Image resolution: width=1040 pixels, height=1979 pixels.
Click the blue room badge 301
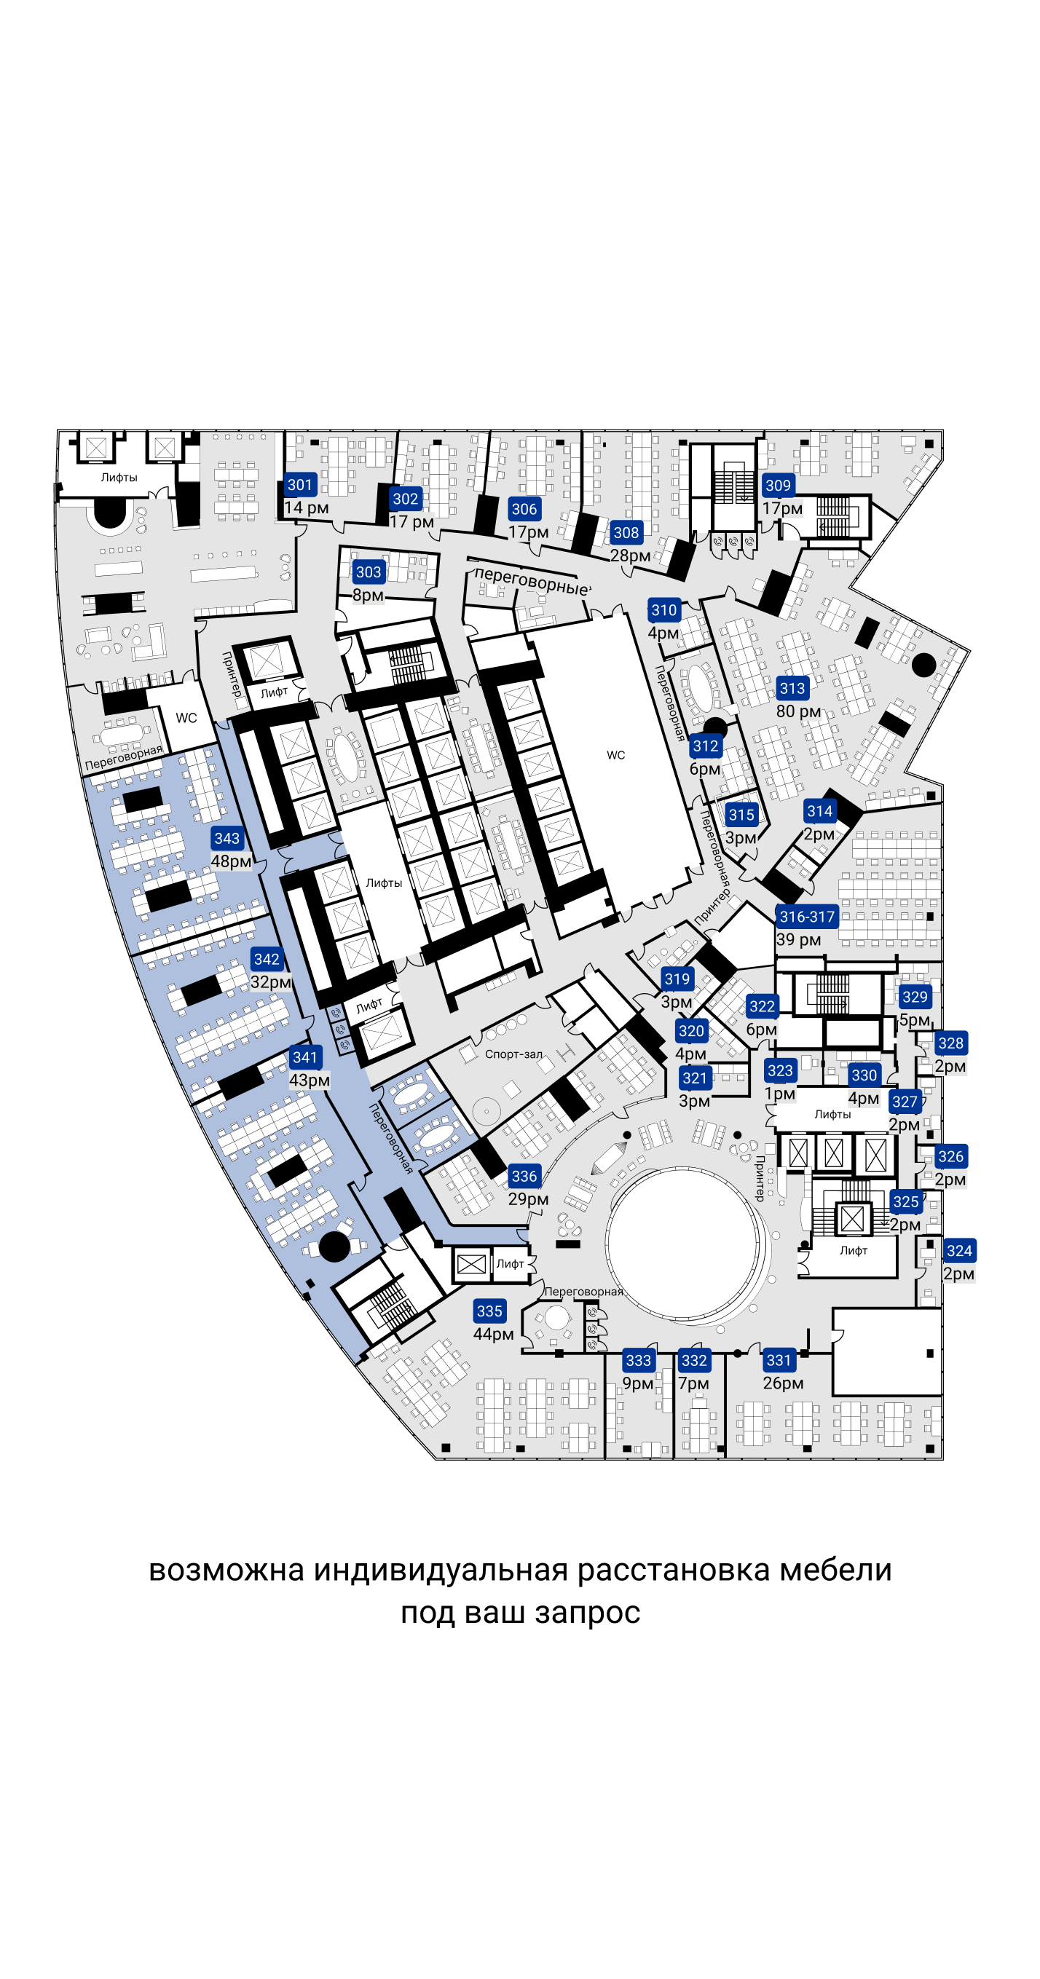(x=300, y=485)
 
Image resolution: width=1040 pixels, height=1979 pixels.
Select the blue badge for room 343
(x=226, y=838)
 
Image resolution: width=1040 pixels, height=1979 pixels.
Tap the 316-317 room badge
(x=806, y=917)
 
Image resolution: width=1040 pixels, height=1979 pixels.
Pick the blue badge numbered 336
(x=524, y=1175)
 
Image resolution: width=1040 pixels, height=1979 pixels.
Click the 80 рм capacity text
(x=798, y=711)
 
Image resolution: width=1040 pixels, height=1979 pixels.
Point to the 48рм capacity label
(x=231, y=861)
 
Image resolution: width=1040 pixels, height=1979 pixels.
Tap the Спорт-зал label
(x=513, y=1054)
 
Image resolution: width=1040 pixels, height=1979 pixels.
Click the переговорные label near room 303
(x=532, y=582)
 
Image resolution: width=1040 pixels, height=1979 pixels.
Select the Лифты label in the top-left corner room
(x=119, y=477)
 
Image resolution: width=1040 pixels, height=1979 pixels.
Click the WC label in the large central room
(x=615, y=755)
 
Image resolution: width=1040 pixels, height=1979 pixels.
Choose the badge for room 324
(x=959, y=1251)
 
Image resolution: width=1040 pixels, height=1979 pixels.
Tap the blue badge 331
(x=779, y=1360)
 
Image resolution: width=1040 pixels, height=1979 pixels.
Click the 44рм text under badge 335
(x=493, y=1335)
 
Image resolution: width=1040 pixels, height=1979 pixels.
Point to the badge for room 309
(x=778, y=485)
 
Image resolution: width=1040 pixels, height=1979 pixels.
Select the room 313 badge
(x=792, y=688)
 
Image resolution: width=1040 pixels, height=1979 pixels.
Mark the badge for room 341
(x=305, y=1057)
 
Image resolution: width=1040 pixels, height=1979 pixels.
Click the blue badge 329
(x=915, y=996)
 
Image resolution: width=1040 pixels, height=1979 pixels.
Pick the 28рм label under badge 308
(x=629, y=556)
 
